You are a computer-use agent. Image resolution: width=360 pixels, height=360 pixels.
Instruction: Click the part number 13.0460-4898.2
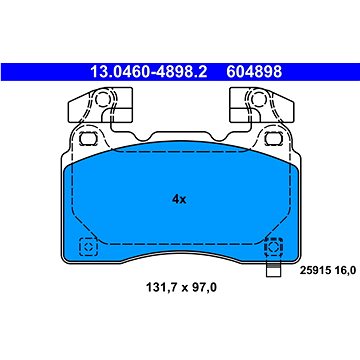coord(149,72)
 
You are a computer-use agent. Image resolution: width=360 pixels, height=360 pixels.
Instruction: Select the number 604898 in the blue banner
coord(254,72)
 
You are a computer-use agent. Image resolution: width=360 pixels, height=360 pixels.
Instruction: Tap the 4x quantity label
coord(179,200)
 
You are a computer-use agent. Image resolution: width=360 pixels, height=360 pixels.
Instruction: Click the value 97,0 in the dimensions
coord(203,287)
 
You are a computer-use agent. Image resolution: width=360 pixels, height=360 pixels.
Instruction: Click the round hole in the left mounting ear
coord(102,99)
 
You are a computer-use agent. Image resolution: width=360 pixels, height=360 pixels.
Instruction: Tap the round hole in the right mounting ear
coord(257,99)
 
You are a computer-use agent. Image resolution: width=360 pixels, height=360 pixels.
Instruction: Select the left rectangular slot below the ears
coord(89,138)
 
